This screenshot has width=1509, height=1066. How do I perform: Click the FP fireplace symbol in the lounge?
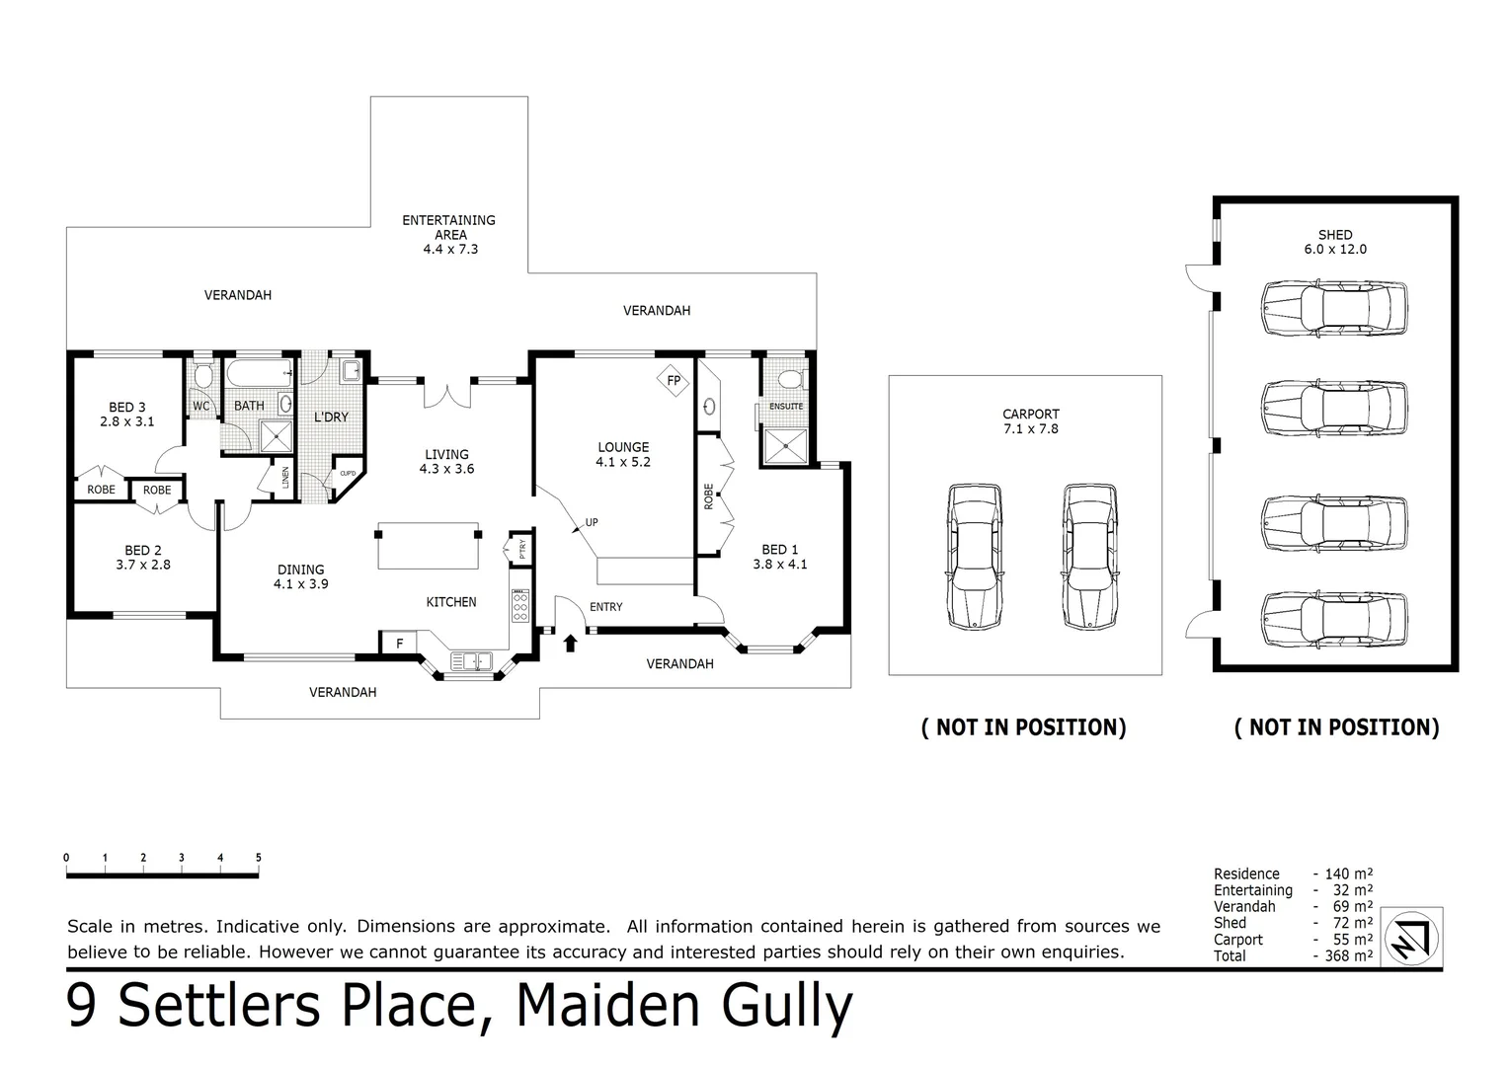674,380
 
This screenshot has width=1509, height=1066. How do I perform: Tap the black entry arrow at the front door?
569,644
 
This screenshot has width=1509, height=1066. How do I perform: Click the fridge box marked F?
399,644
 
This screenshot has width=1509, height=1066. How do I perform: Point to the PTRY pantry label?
521,549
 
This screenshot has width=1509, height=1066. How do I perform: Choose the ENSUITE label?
786,407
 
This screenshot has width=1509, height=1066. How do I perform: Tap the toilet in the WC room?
202,376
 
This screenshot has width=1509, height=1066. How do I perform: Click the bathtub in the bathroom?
259,374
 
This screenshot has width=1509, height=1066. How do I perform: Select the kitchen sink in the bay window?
471,660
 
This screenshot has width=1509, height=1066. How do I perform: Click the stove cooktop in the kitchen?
520,604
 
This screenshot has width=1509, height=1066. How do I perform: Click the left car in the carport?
974,557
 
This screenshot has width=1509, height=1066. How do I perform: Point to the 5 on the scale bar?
259,858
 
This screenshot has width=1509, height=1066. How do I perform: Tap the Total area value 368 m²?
1343,956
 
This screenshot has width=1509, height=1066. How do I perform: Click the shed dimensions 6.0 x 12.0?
1334,249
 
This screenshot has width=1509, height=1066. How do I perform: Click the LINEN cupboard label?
285,478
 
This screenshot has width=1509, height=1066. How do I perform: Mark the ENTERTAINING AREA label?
449,227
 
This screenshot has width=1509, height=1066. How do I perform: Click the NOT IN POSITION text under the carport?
1023,727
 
